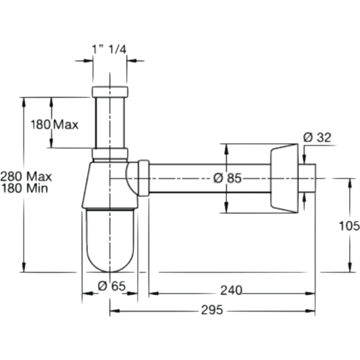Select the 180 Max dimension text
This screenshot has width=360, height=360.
tap(56, 125)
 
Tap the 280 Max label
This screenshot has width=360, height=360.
tap(26, 176)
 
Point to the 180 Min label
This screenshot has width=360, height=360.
tap(26, 188)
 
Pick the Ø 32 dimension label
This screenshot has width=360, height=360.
tap(317, 137)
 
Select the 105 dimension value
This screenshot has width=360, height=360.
tap(349, 226)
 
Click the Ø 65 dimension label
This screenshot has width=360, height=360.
tap(111, 286)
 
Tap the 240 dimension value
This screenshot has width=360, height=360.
tap(232, 290)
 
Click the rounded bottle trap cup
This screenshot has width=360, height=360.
tap(111, 240)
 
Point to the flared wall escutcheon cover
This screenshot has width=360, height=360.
tap(285, 178)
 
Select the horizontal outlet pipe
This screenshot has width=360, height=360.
tap(210, 178)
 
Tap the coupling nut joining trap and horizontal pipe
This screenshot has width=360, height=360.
tap(144, 178)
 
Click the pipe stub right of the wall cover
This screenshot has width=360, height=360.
tap(308, 178)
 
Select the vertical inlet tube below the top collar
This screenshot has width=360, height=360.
tap(111, 123)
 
